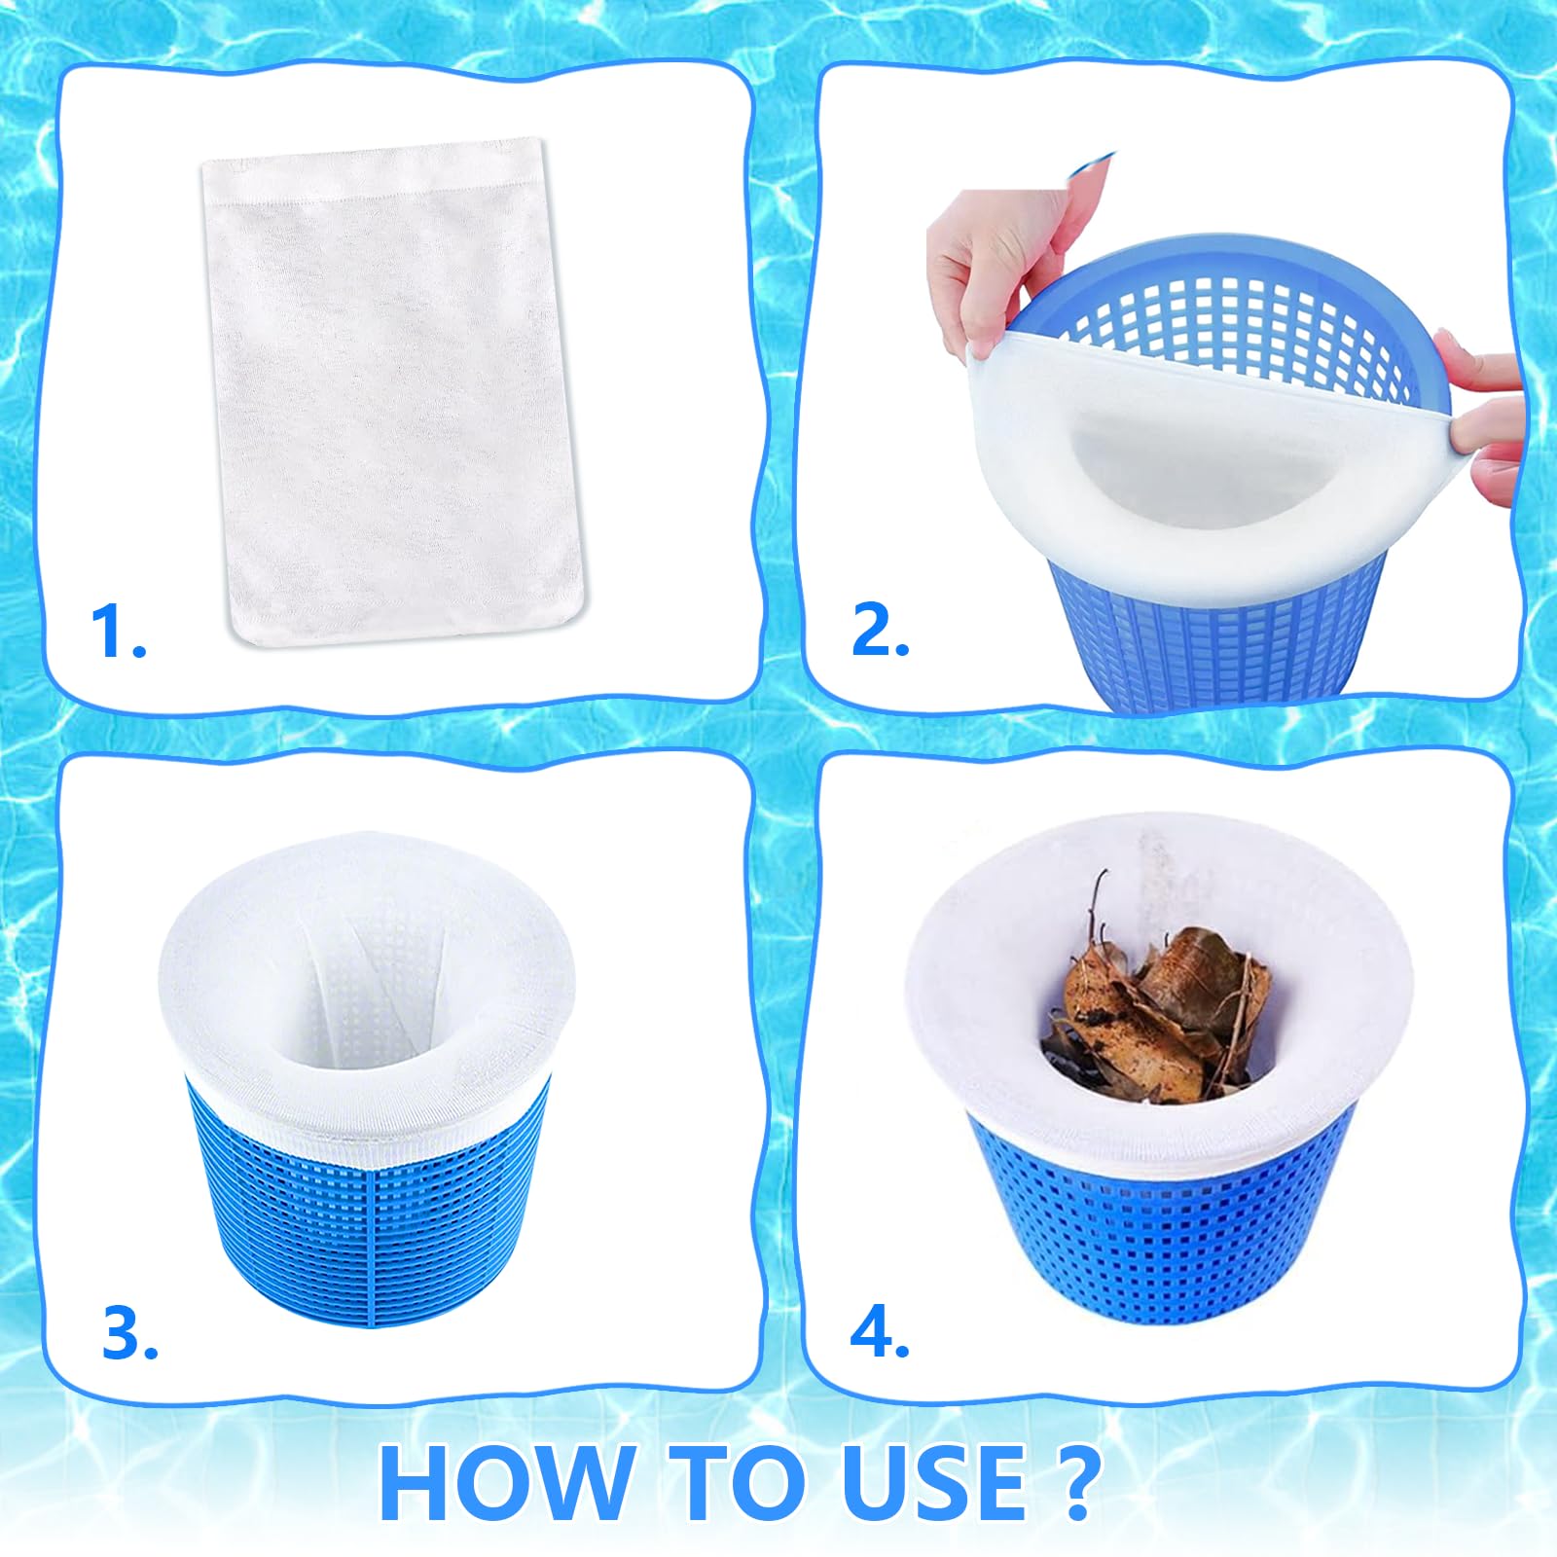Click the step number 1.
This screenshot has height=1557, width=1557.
(x=115, y=633)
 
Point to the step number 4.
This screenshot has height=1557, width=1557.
(x=878, y=1333)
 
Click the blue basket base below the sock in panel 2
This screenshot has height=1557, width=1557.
(x=1216, y=642)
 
